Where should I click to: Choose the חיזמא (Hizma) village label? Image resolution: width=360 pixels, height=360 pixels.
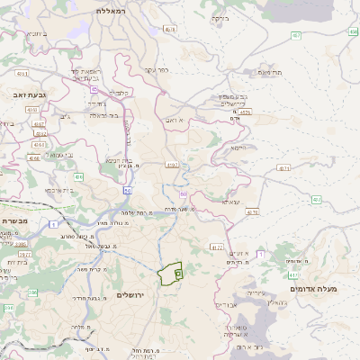[238, 148]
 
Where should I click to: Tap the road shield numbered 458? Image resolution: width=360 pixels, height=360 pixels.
[353, 31]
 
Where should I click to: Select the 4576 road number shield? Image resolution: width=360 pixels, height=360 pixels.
[246, 112]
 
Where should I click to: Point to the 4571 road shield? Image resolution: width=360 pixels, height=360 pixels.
[284, 168]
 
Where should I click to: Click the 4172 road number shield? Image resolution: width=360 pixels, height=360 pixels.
[216, 246]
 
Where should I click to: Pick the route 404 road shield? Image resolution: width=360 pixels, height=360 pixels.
[78, 177]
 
